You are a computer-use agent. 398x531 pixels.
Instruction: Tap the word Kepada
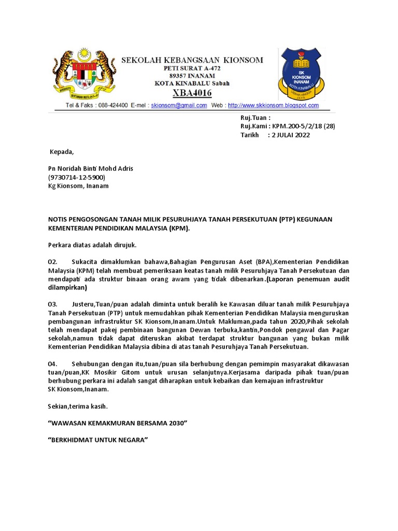61,152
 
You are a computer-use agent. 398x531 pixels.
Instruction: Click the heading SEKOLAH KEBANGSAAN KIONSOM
192,60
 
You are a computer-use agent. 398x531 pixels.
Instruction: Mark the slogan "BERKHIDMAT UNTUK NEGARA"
98,440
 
